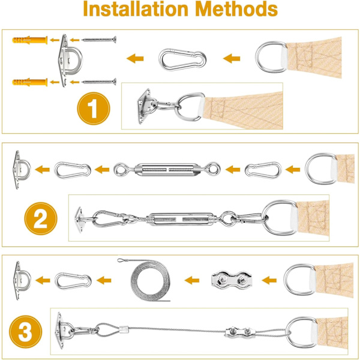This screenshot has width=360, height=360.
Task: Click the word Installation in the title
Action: [x=136, y=9]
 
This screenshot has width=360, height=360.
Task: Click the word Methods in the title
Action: [x=237, y=9]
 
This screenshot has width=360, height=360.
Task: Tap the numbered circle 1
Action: [x=94, y=109]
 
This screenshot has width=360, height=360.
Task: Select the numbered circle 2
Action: [x=41, y=218]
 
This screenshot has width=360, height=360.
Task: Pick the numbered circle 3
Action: [x=25, y=332]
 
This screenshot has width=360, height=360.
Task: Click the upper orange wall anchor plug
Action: [x=30, y=40]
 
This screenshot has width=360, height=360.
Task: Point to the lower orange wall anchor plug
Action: [x=30, y=82]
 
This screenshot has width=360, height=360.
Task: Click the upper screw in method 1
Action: [x=99, y=40]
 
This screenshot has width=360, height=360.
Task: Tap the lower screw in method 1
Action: [x=99, y=82]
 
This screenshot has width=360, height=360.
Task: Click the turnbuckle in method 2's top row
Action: [x=167, y=170]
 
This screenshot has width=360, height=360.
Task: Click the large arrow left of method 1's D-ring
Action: [x=232, y=58]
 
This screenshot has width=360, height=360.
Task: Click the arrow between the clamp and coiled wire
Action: [x=192, y=280]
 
